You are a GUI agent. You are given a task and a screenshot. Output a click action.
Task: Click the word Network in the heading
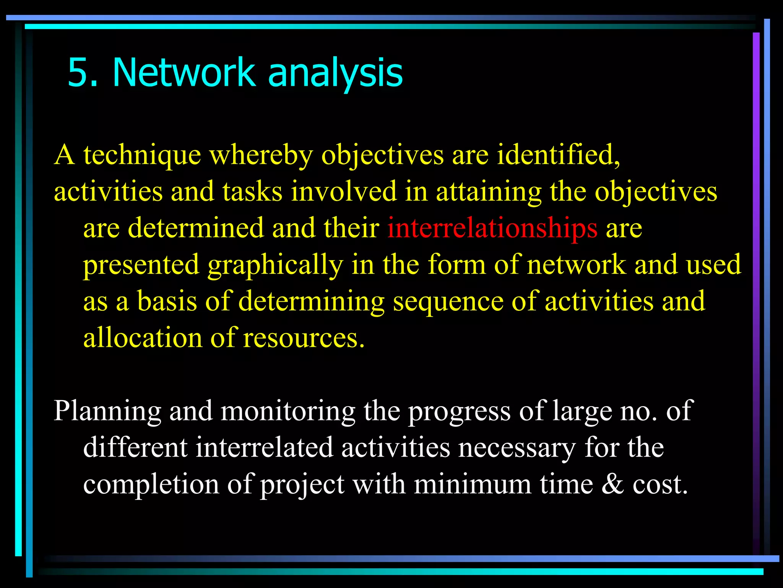[x=184, y=72]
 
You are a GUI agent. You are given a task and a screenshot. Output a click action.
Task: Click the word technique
[x=142, y=156]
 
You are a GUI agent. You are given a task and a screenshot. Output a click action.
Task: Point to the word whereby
[x=261, y=156]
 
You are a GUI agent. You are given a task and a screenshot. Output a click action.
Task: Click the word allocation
[x=142, y=338]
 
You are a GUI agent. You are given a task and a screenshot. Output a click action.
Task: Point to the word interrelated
[x=264, y=448]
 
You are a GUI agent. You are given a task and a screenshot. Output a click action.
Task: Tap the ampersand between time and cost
[x=613, y=485]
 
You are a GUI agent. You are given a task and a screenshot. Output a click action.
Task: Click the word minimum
[x=473, y=485]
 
